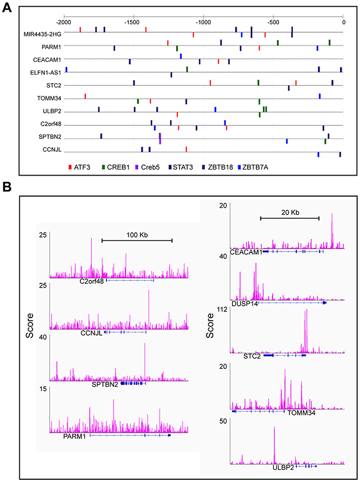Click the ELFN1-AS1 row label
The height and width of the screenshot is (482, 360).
pyautogui.click(x=46, y=72)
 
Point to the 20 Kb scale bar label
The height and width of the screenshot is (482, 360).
pyautogui.click(x=291, y=212)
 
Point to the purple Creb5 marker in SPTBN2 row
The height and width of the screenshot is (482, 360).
pyautogui.click(x=160, y=140)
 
